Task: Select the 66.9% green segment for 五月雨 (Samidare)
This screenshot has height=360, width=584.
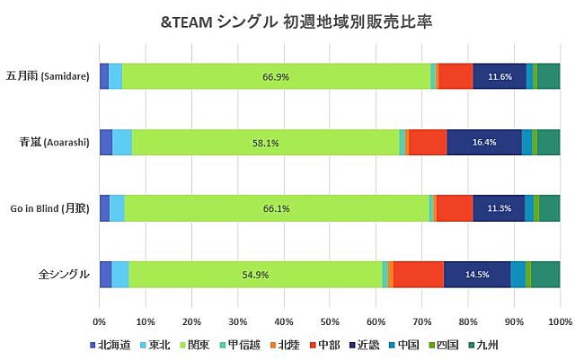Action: pyautogui.click(x=275, y=77)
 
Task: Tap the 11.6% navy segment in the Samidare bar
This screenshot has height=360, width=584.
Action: pyautogui.click(x=499, y=77)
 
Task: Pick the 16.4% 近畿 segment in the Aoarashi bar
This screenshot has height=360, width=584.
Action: pyautogui.click(x=483, y=143)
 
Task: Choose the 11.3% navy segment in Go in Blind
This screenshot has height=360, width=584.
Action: pyautogui.click(x=498, y=208)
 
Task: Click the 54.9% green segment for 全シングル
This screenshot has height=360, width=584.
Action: pyautogui.click(x=255, y=274)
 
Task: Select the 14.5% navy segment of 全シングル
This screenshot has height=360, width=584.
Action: pyautogui.click(x=477, y=274)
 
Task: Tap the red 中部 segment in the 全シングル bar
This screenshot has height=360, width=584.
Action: pyautogui.click(x=419, y=274)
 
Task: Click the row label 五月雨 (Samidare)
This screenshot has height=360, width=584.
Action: pyautogui.click(x=47, y=77)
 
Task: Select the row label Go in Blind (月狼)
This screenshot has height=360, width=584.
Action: pyautogui.click(x=49, y=208)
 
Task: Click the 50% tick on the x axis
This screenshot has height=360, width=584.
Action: pyautogui.click(x=329, y=320)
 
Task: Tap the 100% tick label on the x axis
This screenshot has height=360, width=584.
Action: pyautogui.click(x=559, y=320)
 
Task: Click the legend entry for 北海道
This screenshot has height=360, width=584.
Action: pyautogui.click(x=111, y=344)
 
